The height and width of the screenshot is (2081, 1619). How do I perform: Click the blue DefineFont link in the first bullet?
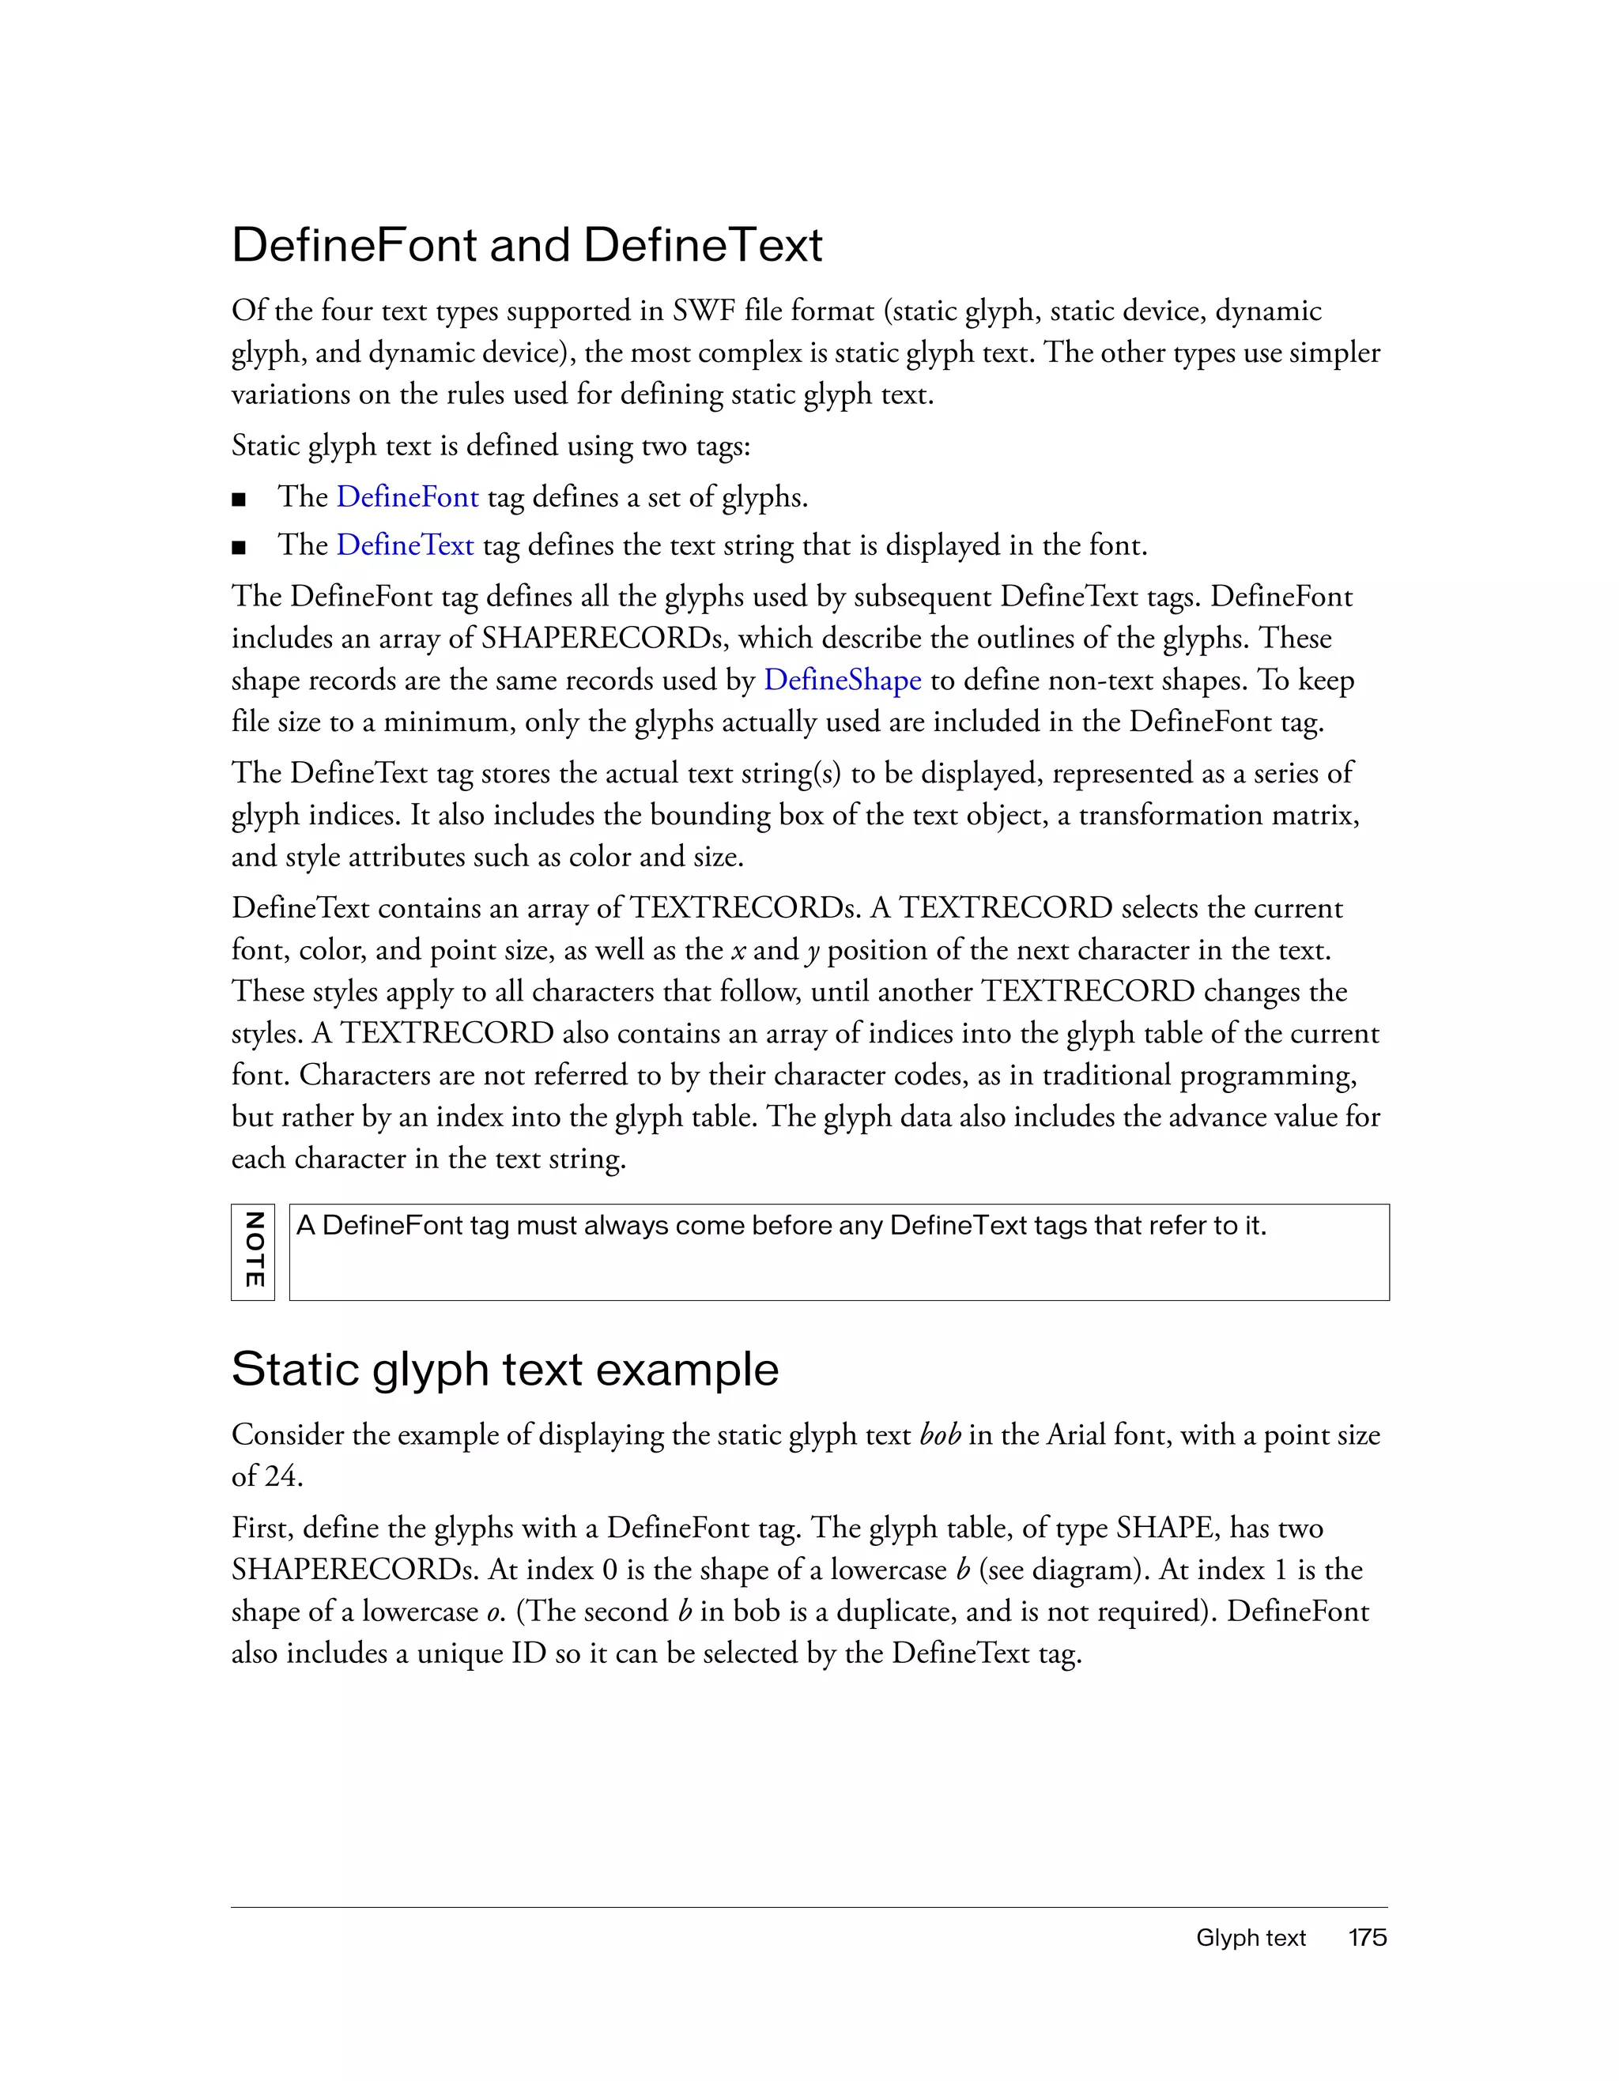(x=407, y=496)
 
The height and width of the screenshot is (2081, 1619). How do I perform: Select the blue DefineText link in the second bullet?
(x=405, y=545)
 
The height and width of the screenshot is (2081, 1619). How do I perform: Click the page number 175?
(x=1367, y=1938)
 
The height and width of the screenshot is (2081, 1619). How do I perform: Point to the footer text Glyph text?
(x=1251, y=1938)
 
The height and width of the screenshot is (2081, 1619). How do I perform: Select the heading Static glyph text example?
(x=504, y=1369)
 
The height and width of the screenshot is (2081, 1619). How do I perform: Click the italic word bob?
(x=940, y=1435)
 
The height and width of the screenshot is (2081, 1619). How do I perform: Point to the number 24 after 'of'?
(x=282, y=1477)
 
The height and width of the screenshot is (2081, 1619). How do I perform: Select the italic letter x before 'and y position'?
(x=738, y=951)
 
